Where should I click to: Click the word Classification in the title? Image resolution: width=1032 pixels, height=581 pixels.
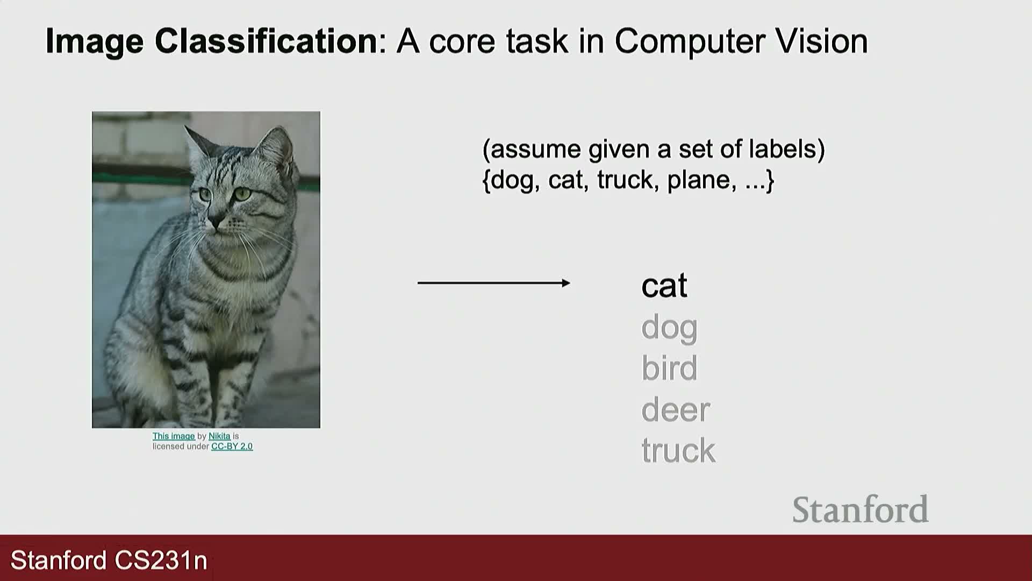pos(266,41)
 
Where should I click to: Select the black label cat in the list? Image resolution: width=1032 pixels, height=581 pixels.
pos(664,286)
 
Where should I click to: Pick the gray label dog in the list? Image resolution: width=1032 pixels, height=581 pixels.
pos(669,328)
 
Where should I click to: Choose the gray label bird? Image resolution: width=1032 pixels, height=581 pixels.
pos(669,368)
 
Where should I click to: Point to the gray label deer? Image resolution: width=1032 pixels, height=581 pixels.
pos(676,409)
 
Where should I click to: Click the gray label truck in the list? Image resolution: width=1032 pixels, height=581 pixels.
pos(678,450)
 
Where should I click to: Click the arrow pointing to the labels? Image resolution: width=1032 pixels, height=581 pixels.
pos(493,283)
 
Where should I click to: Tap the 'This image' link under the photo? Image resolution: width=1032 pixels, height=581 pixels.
pos(174,436)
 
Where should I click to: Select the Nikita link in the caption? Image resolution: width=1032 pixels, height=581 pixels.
pos(219,436)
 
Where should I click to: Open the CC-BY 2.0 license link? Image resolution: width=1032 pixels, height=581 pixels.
pos(232,447)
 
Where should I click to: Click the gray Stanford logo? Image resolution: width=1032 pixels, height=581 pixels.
pos(860,509)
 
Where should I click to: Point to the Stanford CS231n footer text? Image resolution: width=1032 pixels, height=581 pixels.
pos(109,561)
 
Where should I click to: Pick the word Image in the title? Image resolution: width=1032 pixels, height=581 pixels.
pos(95,41)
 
